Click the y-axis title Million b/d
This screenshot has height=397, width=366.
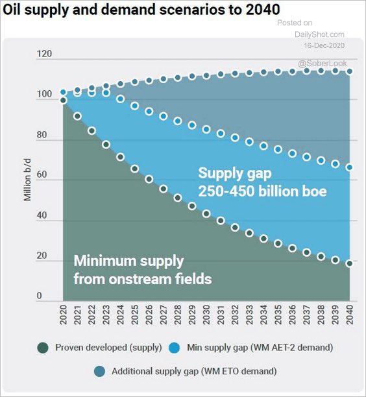click(x=28, y=180)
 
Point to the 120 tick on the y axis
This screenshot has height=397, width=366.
click(x=43, y=54)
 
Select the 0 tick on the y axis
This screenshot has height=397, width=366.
click(x=39, y=296)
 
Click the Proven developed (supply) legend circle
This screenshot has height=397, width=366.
click(x=42, y=348)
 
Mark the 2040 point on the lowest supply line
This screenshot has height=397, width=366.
click(x=350, y=263)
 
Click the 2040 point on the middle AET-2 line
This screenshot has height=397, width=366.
click(x=350, y=167)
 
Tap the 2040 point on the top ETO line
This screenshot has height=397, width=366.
click(x=350, y=71)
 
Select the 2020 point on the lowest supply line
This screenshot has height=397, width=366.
click(x=64, y=101)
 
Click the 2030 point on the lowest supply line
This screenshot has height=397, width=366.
click(x=206, y=213)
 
